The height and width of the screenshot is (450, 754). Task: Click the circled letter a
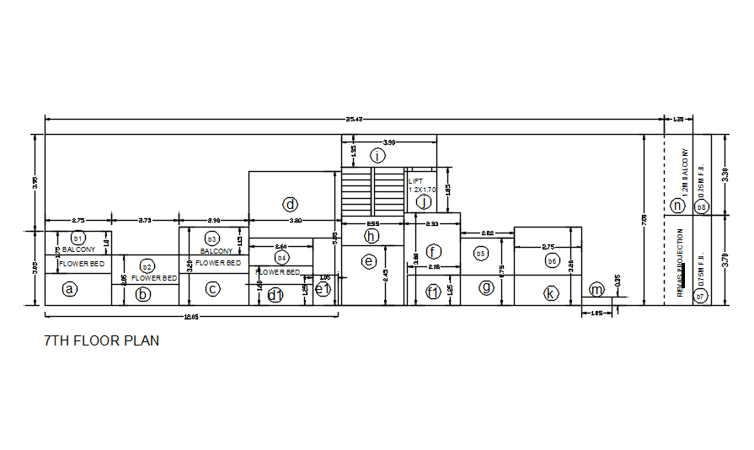(x=70, y=289)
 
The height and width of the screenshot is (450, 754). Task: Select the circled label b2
(x=147, y=267)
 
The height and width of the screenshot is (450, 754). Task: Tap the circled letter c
(x=212, y=289)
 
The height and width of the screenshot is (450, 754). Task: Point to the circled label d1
(x=275, y=294)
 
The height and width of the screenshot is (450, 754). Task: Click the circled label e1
(x=322, y=289)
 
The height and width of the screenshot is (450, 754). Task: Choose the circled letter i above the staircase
(x=378, y=155)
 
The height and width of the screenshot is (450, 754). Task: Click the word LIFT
(x=415, y=181)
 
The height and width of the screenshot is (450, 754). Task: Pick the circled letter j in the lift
(x=425, y=201)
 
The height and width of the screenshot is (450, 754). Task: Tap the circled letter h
(x=372, y=236)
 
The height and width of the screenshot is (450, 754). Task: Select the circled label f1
(x=433, y=292)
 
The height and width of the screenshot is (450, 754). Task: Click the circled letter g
(x=486, y=287)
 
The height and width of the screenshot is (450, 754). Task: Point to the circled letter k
(x=550, y=292)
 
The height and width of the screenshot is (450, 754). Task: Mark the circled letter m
(x=596, y=290)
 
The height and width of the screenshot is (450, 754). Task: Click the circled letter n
(x=676, y=205)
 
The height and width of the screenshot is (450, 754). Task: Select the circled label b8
(x=701, y=206)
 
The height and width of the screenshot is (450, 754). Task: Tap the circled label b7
(x=700, y=297)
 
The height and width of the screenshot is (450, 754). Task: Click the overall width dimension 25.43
(x=355, y=120)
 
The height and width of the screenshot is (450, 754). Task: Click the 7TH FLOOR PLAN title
(x=101, y=341)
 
